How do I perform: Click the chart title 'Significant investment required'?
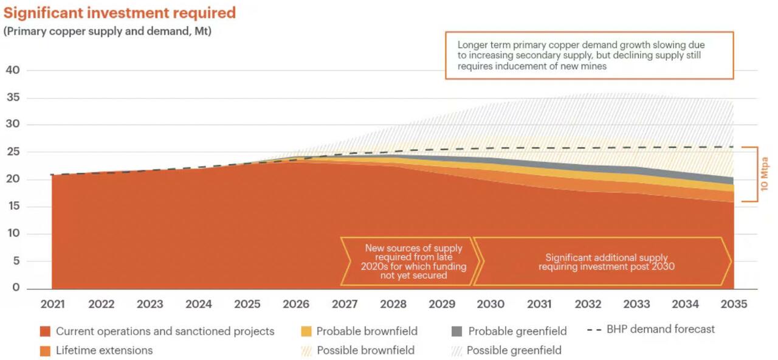(x=120, y=13)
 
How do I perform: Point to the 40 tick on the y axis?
(x=13, y=70)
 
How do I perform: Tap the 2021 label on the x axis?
(x=53, y=304)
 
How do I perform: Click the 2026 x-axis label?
(x=296, y=304)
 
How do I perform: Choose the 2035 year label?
(x=734, y=304)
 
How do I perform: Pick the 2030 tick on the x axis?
(x=491, y=304)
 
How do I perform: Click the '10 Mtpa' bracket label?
(x=765, y=175)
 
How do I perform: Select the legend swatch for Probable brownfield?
(x=306, y=331)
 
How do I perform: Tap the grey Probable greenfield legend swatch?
(x=456, y=331)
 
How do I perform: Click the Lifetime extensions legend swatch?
(x=45, y=350)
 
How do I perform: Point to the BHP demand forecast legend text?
(x=661, y=329)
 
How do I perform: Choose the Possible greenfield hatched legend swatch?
(x=456, y=350)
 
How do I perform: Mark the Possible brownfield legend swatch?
(x=306, y=350)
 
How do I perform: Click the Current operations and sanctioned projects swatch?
(x=45, y=331)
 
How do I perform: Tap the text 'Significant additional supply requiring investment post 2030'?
(x=606, y=262)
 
